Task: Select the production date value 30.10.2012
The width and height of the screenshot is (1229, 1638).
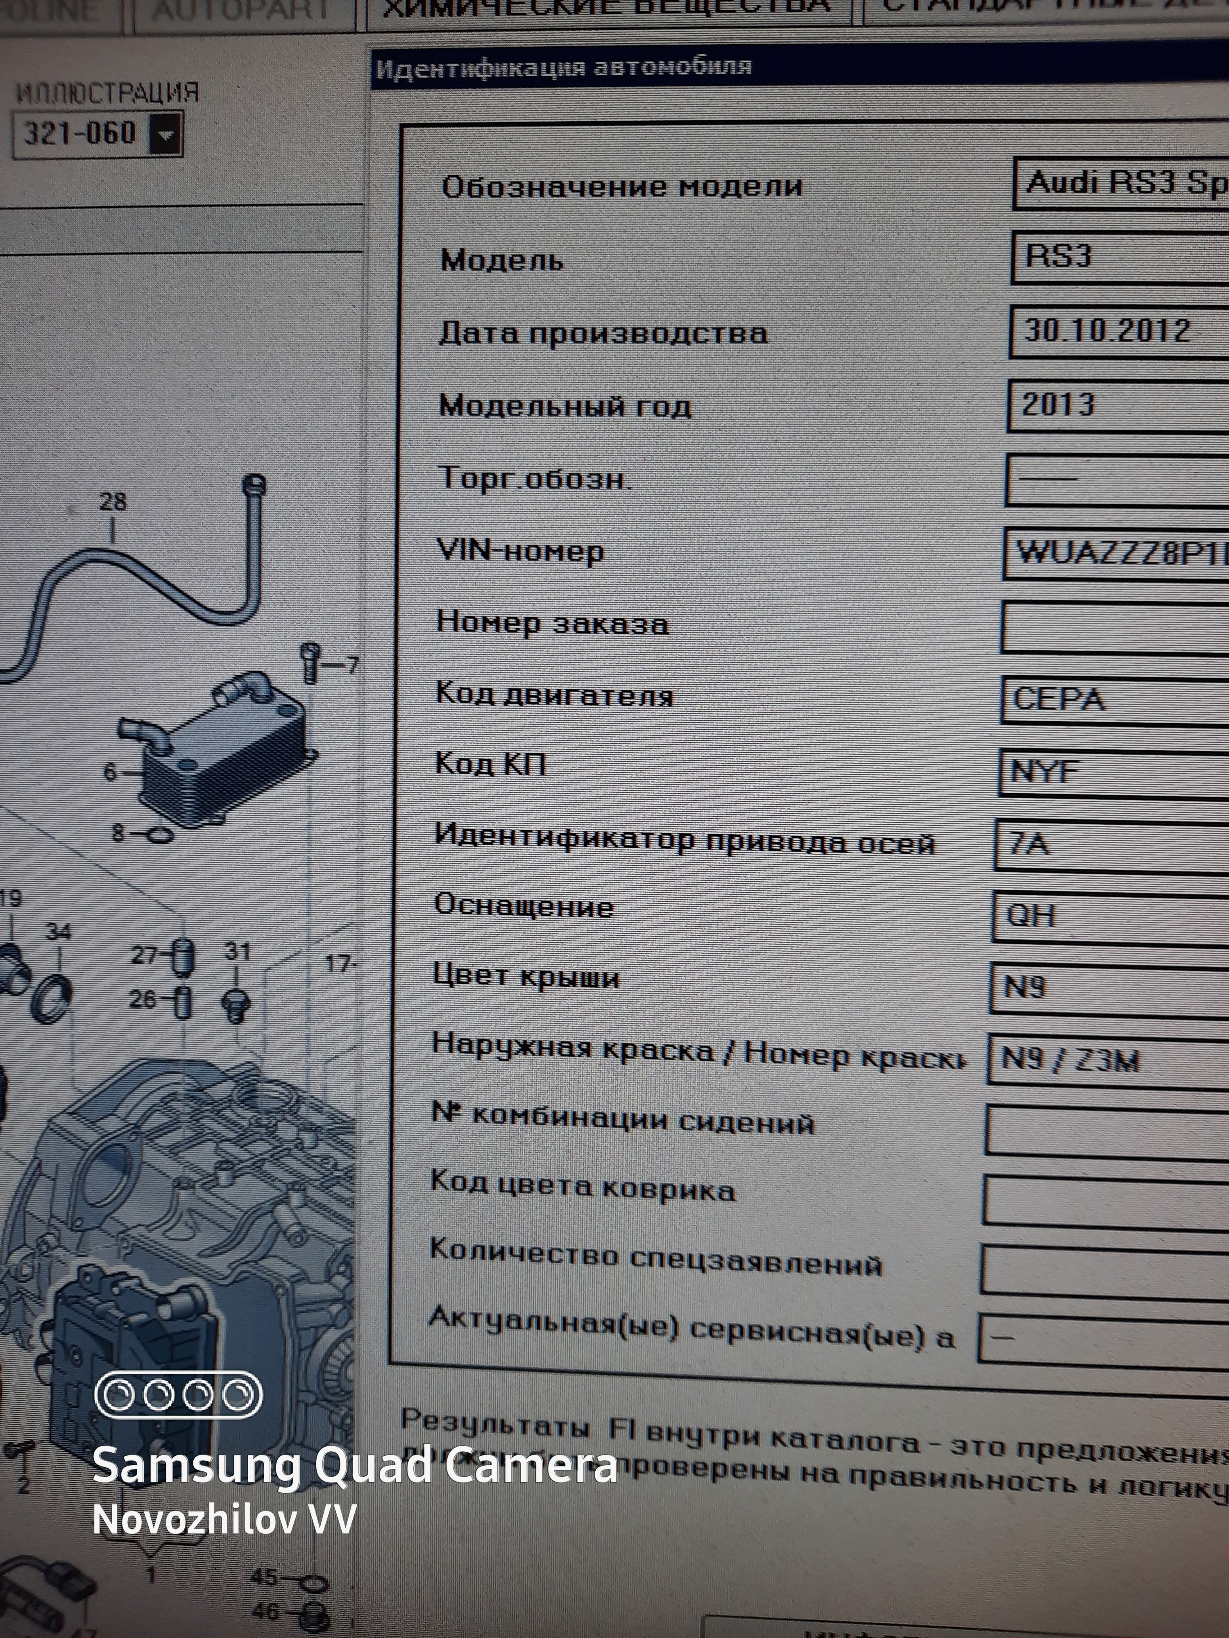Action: [x=1107, y=330]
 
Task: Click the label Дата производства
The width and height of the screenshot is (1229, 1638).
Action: [x=602, y=333]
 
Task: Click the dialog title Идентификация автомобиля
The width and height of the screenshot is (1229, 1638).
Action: [x=563, y=68]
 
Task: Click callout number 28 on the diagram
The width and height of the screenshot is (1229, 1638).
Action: [x=113, y=502]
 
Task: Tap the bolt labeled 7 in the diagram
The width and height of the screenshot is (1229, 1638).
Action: [x=311, y=661]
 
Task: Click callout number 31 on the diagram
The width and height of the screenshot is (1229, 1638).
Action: [x=237, y=951]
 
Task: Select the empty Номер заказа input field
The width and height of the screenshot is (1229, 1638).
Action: [x=1111, y=627]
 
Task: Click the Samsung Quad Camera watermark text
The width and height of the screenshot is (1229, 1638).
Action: [x=354, y=1466]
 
